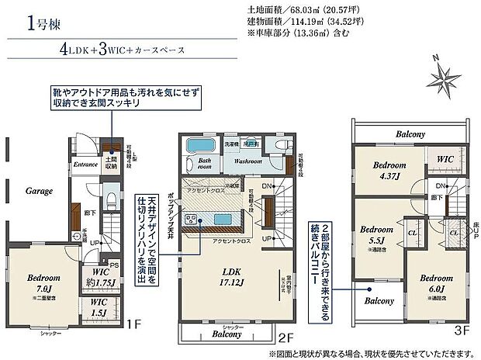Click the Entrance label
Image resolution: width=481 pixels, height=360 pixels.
85,164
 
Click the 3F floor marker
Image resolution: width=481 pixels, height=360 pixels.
460,330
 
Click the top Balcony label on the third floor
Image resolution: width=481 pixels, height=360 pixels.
410,133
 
